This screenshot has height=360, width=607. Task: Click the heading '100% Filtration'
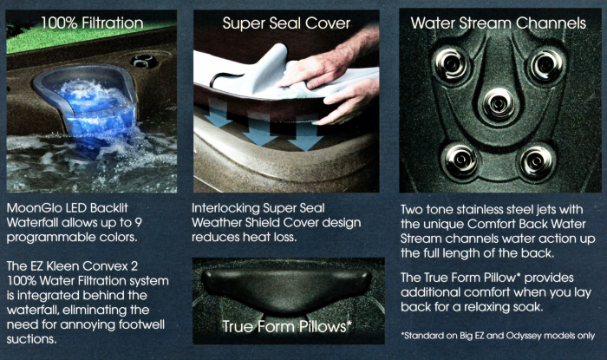pos(92,23)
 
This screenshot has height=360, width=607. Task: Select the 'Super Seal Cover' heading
pos(286,23)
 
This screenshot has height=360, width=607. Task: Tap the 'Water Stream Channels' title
pos(499,23)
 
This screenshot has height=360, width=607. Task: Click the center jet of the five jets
pos(499,103)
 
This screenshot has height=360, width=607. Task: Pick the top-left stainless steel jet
pos(451,64)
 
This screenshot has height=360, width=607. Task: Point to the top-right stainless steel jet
pos(546,65)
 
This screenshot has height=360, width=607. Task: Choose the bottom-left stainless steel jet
pos(461,160)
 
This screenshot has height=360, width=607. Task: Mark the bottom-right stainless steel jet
pos(537,161)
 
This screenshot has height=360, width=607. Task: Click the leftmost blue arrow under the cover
pos(218,113)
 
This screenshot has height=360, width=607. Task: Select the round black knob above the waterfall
pos(144,62)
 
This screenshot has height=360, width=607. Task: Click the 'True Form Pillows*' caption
pos(286,326)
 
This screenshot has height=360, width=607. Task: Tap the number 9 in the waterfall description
pos(138,223)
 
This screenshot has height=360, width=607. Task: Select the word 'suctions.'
pos(32,339)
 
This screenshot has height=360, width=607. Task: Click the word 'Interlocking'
pos(225,209)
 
